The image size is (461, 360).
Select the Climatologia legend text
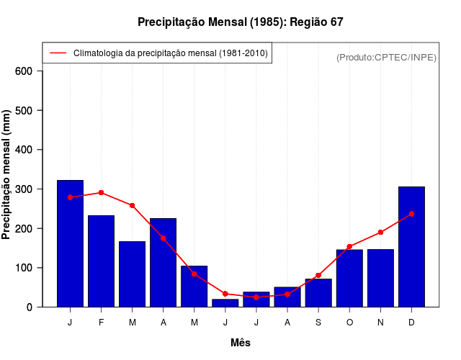(x=171, y=53)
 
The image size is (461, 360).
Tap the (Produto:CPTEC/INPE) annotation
(x=386, y=57)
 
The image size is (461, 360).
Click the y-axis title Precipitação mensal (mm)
(x=7, y=174)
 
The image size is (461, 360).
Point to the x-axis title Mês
(x=240, y=343)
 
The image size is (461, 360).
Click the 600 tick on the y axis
(x=24, y=71)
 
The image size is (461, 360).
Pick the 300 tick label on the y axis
(x=24, y=189)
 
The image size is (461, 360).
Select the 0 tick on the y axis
(x=30, y=307)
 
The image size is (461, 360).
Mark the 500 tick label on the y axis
(x=24, y=110)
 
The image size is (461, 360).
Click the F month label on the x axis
(x=102, y=322)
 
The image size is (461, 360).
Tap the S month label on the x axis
(x=318, y=322)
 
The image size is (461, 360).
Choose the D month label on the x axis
(x=411, y=322)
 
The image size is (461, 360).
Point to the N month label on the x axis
(x=380, y=322)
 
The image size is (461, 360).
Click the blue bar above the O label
(x=349, y=278)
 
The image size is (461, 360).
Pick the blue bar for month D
(x=411, y=246)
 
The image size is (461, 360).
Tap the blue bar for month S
(x=318, y=292)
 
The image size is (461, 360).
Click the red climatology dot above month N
(x=380, y=233)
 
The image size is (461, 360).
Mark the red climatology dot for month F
(x=102, y=193)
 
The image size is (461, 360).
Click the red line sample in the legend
(x=58, y=53)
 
